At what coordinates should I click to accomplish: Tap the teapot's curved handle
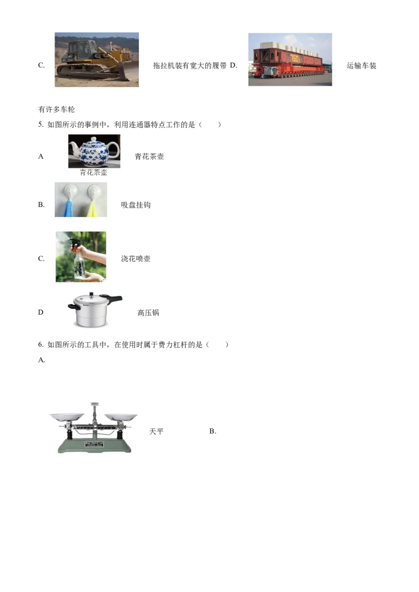click(x=115, y=150)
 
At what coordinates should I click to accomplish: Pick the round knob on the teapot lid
click(x=94, y=139)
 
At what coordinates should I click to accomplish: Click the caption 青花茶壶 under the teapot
click(x=94, y=172)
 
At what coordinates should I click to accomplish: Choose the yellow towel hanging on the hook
click(x=92, y=209)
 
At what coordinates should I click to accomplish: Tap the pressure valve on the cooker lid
click(x=90, y=294)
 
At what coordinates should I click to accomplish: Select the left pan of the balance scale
click(x=67, y=417)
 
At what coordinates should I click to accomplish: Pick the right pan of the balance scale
click(x=120, y=417)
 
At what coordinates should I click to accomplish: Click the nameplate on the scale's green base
click(x=94, y=445)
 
